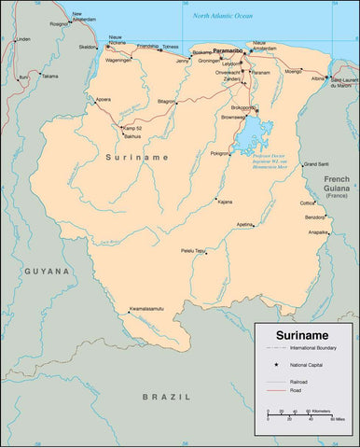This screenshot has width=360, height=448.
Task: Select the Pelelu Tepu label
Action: [194, 250]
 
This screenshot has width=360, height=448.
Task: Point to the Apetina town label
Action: [244, 225]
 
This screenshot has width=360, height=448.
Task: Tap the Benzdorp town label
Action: [316, 217]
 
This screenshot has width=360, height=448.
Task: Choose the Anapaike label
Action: [318, 232]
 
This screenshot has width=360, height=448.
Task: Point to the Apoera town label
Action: [103, 99]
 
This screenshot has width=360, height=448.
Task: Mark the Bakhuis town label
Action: [132, 136]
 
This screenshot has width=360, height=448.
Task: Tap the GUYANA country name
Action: [47, 271]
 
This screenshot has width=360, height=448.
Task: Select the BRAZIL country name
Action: [159, 397]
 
